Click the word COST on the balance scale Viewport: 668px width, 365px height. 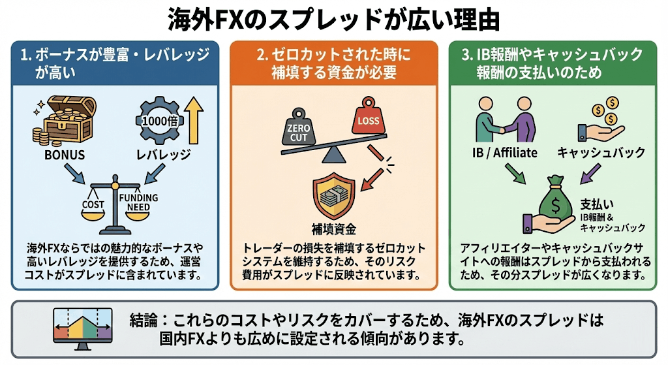93,204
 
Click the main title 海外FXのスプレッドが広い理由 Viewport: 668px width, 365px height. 334,19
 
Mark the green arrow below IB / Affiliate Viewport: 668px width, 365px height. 518,174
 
